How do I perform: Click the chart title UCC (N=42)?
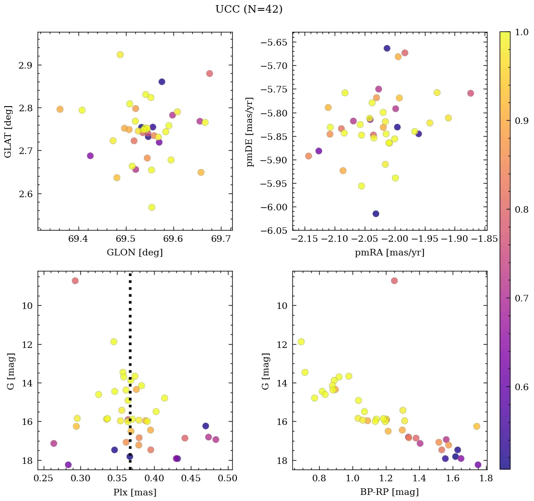249,9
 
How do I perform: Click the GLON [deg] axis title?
135,253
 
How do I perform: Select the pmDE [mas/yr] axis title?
250,131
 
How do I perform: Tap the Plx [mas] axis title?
135,492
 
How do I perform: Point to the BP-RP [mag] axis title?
390,492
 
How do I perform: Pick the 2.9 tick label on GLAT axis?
25,65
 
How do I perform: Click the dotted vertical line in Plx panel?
130,352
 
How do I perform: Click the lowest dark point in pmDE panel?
376,214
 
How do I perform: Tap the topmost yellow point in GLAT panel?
120,55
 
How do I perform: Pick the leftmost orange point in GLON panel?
60,109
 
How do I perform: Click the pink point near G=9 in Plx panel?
75,281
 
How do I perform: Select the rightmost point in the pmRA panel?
471,93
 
